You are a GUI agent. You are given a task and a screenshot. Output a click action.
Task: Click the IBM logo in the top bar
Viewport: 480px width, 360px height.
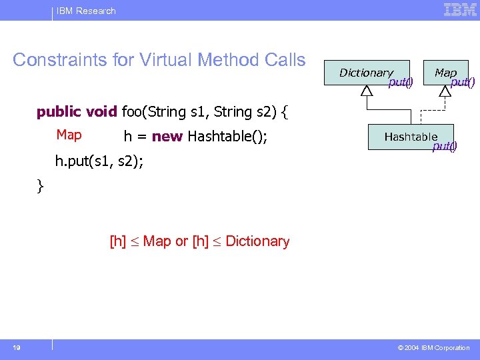tap(461, 10)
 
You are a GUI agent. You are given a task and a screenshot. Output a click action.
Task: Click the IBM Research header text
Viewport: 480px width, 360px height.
tap(87, 11)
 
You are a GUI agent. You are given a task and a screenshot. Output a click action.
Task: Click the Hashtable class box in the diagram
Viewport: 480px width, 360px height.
tap(410, 137)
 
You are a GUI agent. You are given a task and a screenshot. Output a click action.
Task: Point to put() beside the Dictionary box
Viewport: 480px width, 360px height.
tap(401, 83)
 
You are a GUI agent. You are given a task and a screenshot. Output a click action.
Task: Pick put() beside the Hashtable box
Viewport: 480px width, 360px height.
tap(445, 147)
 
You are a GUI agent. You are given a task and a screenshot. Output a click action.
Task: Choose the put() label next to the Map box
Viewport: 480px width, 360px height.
tap(463, 83)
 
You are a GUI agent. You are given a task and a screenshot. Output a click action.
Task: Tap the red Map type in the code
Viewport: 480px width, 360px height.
tap(69, 135)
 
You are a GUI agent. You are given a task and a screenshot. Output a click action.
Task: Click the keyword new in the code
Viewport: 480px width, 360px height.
tap(167, 137)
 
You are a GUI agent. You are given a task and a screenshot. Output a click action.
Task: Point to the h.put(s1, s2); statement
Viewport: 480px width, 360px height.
tap(99, 161)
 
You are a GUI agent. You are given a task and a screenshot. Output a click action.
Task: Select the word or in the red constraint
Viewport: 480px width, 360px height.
tap(181, 241)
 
